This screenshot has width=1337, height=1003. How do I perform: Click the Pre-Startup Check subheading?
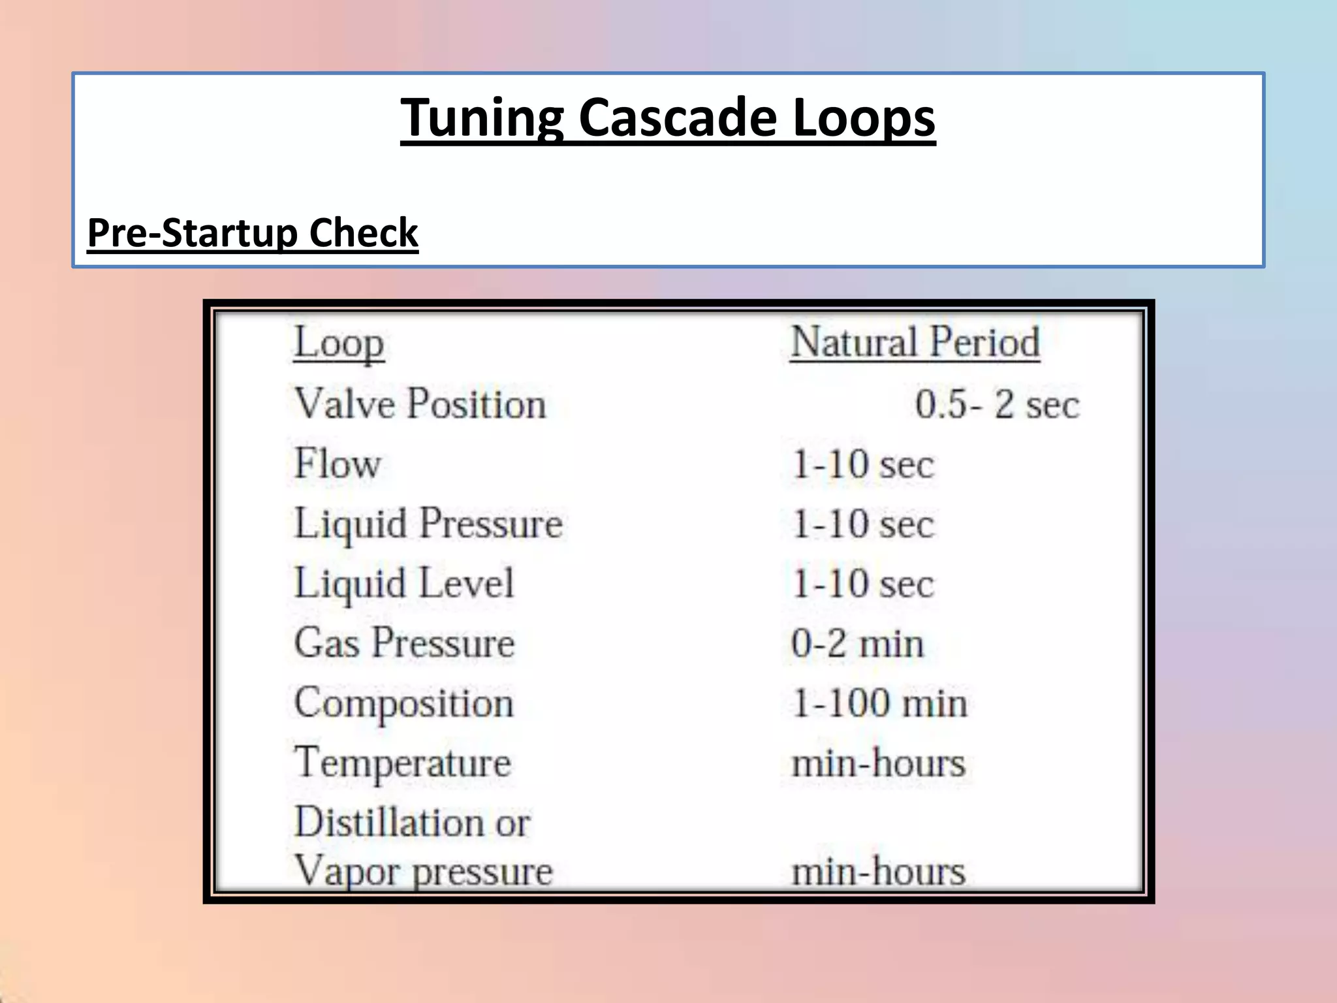253,233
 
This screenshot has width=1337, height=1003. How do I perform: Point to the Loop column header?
338,343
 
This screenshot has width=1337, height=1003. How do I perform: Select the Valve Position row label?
420,404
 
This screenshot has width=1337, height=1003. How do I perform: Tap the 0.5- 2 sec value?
997,404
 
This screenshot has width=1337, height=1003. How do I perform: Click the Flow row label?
338,464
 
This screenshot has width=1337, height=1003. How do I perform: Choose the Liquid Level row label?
404,584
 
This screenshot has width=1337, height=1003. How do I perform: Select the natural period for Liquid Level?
862,584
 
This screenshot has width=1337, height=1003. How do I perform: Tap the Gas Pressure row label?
404,643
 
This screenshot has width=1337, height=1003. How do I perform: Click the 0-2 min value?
857,644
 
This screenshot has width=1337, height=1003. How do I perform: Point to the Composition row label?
404,703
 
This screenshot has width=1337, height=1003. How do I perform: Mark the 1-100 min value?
879,704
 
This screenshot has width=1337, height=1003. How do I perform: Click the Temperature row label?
403,763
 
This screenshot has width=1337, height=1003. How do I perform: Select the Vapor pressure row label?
424,871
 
